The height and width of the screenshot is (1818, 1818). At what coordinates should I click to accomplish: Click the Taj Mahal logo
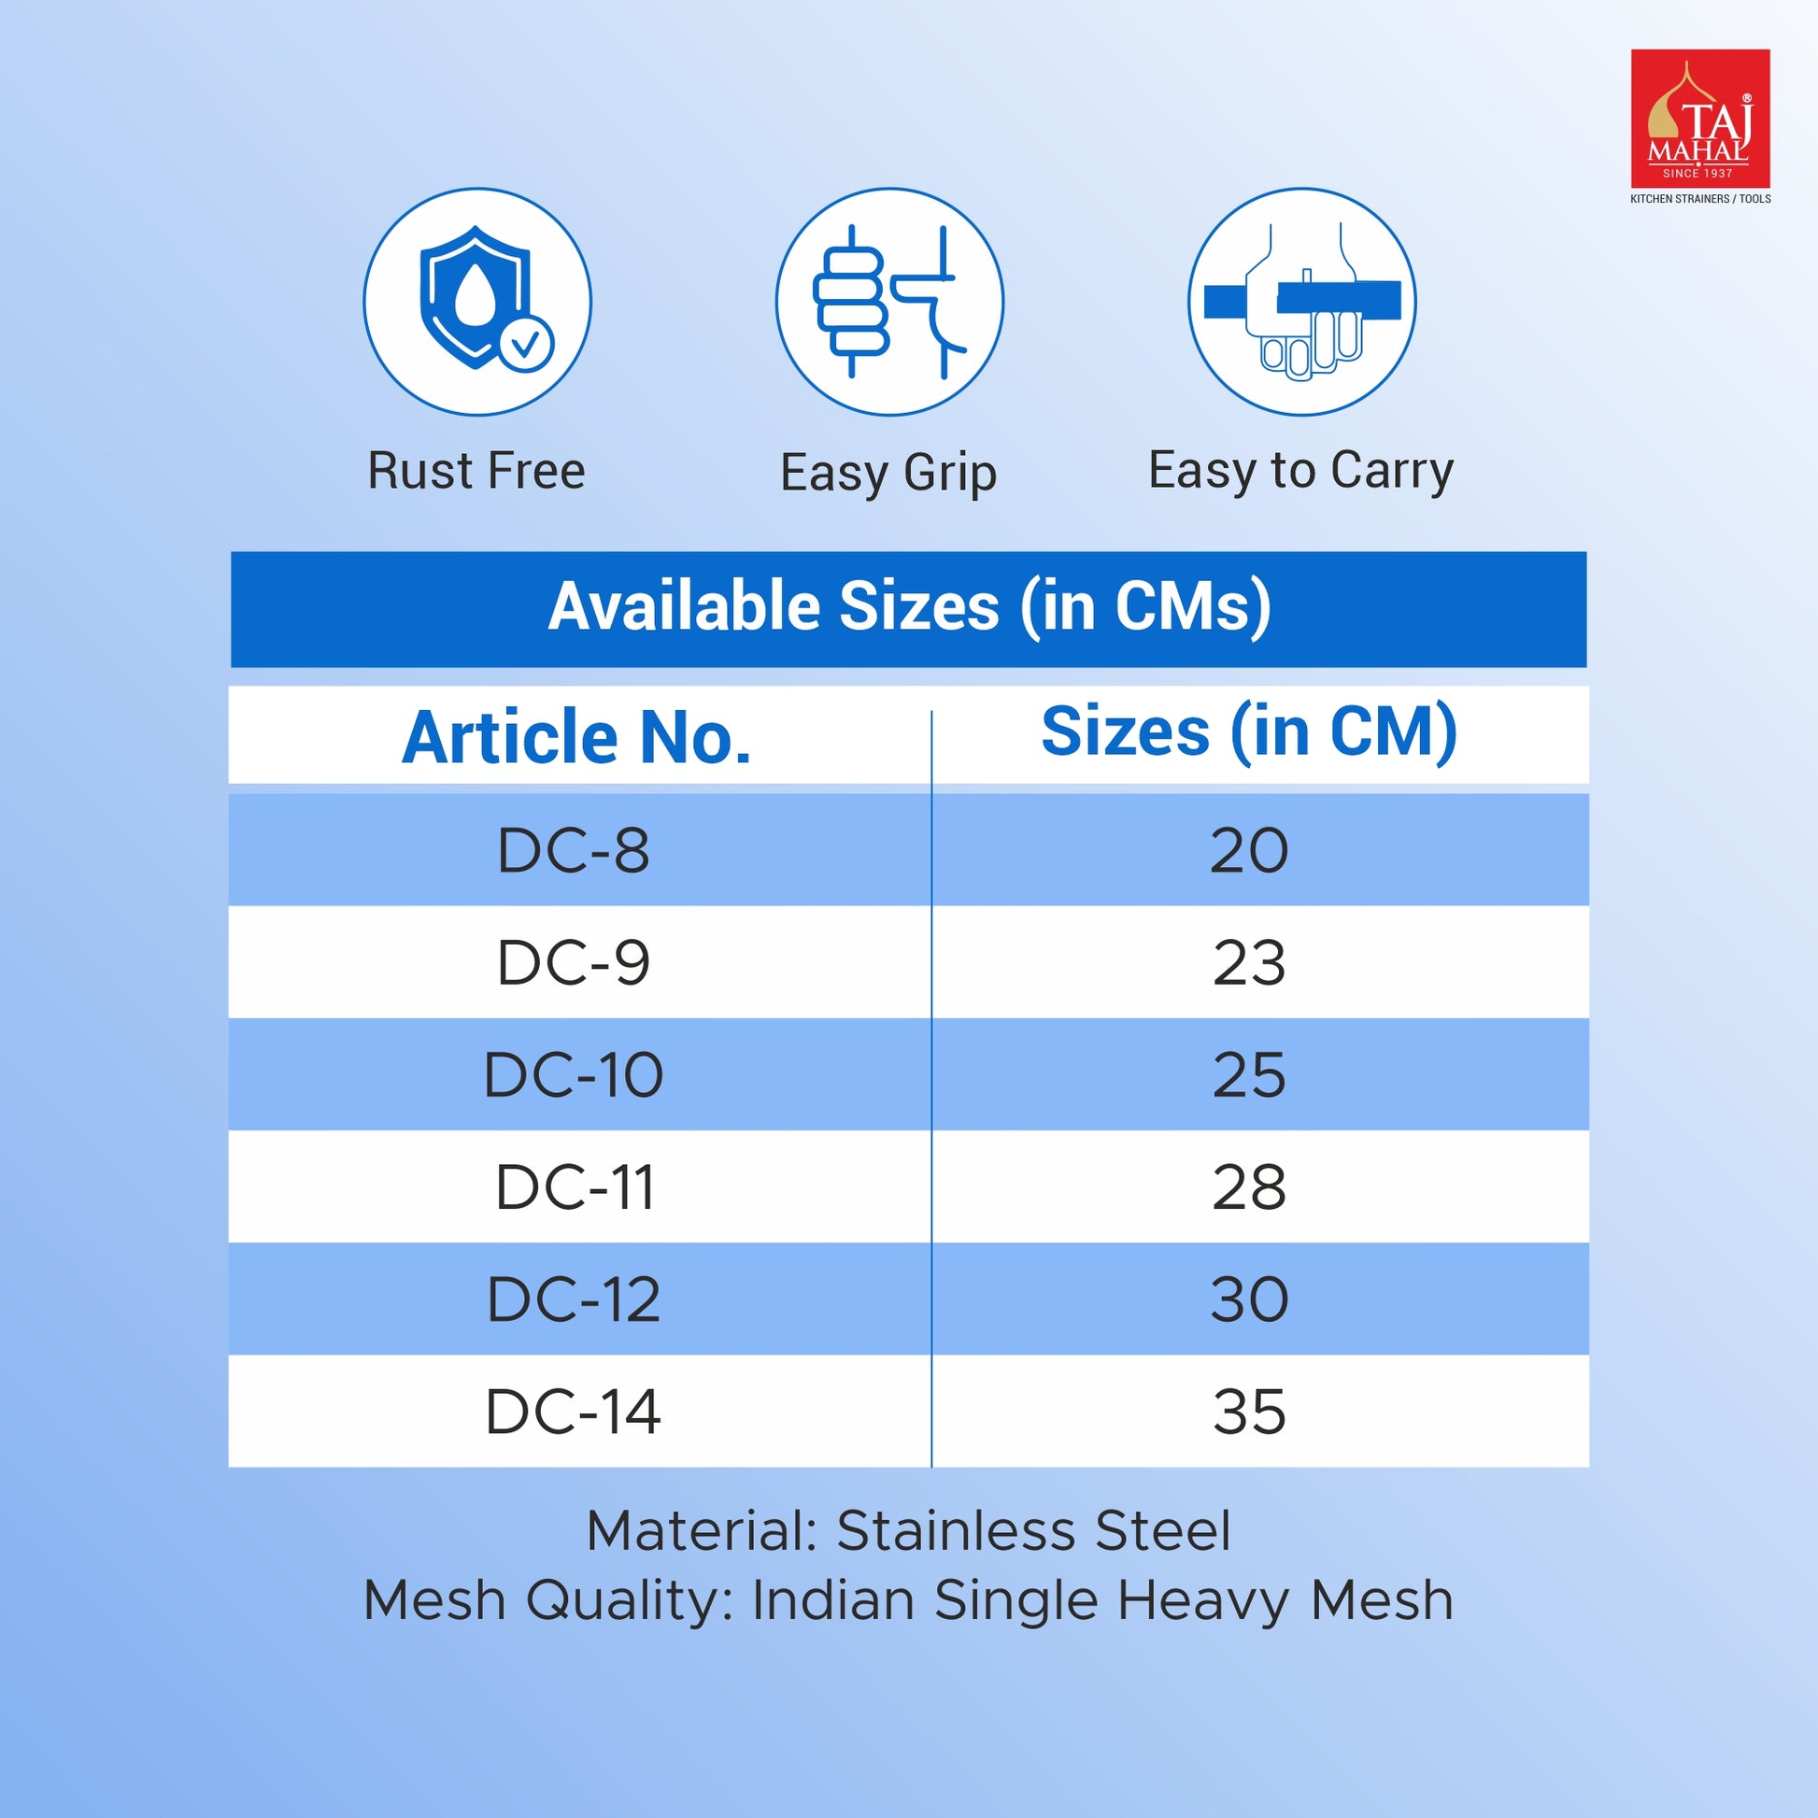[x=1700, y=126]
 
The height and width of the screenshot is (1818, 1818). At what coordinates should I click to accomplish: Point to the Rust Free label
[x=476, y=471]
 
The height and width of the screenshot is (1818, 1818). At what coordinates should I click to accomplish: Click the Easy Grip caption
[x=888, y=474]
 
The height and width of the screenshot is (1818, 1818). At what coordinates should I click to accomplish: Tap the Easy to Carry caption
[x=1300, y=472]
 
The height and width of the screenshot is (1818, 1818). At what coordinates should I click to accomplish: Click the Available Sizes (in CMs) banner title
[x=909, y=607]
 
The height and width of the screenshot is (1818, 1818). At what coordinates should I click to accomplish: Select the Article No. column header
[x=575, y=737]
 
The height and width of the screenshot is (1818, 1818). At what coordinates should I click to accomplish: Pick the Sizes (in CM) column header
[x=1249, y=732]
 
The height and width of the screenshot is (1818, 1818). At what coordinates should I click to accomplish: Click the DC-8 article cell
[x=573, y=851]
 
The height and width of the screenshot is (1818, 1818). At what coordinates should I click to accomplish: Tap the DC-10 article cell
[x=573, y=1074]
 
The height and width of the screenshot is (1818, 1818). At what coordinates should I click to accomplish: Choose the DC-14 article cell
[x=573, y=1412]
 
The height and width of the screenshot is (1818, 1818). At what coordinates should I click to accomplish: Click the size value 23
[x=1249, y=962]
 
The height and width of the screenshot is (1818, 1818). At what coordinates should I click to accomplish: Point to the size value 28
[x=1249, y=1187]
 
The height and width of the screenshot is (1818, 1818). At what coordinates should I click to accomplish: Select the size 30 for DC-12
[x=1249, y=1300]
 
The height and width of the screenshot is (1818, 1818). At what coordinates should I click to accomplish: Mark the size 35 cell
[x=1249, y=1412]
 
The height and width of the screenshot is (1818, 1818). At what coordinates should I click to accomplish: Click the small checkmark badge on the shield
[x=526, y=345]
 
